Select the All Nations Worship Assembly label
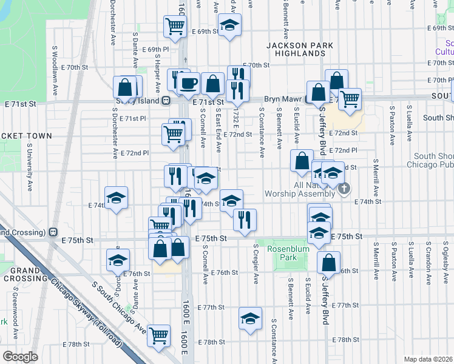coord(300,189)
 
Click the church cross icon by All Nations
coord(344,189)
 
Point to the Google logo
coord(20,357)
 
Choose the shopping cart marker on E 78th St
coord(158,334)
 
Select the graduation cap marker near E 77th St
coord(250,318)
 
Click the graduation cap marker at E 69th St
coord(229,25)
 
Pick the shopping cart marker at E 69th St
coord(175,25)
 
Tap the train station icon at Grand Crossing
coord(53,231)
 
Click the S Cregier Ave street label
coord(257,268)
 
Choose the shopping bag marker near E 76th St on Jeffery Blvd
coord(328,262)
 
